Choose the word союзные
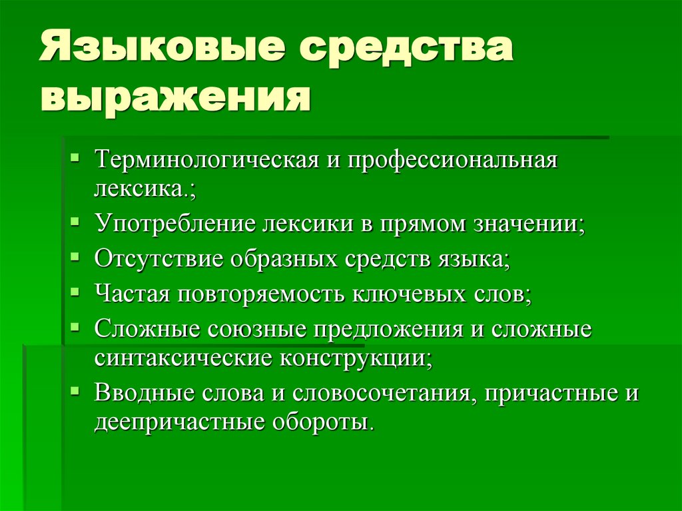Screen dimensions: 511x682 coord(258,330)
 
